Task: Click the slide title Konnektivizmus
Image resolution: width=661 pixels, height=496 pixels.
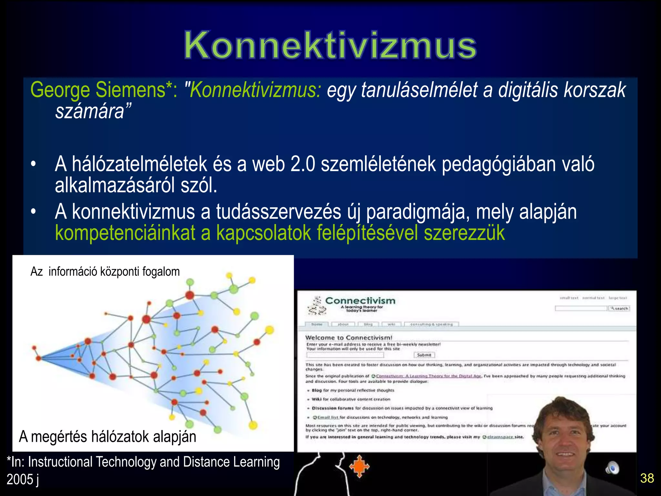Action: click(x=330, y=45)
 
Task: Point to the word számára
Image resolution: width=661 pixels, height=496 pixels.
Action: click(x=90, y=111)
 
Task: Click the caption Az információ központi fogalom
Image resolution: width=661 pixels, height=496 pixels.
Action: click(x=105, y=272)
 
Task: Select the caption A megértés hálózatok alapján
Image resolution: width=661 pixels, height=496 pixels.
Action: click(x=107, y=437)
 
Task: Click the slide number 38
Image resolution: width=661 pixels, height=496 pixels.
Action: click(x=647, y=478)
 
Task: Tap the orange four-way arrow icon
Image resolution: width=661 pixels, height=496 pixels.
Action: click(x=359, y=466)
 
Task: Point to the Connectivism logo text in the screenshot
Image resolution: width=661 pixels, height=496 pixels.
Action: click(x=360, y=301)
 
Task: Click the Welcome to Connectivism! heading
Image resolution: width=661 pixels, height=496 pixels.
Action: click(x=349, y=338)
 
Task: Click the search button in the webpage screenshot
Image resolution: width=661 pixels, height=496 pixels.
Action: click(x=619, y=308)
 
